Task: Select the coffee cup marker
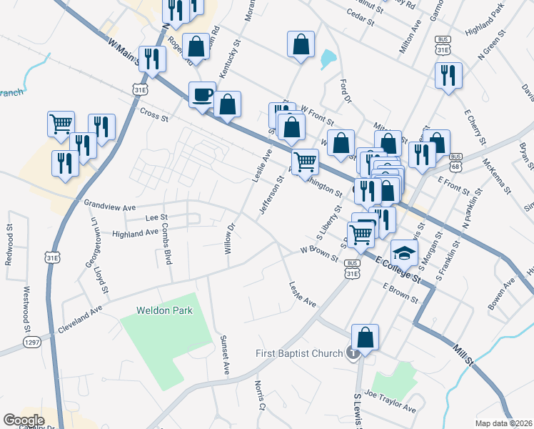coord(203,94)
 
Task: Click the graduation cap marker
coord(405,252)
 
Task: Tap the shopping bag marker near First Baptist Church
coord(365,337)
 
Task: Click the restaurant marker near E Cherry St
coord(448,76)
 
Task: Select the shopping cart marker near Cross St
coord(61,123)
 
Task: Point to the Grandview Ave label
coord(109,204)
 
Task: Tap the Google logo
coord(24,420)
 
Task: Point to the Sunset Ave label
coord(225,355)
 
